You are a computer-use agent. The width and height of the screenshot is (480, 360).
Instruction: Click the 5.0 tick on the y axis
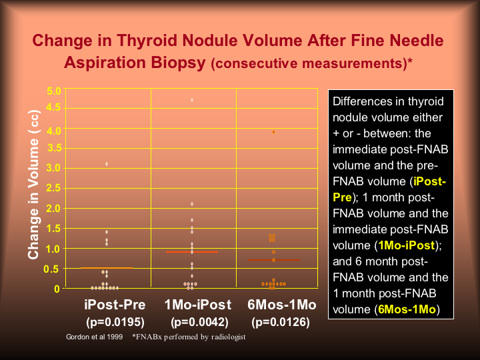(54, 91)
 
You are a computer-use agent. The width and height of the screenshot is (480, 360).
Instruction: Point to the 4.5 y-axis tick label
(54, 107)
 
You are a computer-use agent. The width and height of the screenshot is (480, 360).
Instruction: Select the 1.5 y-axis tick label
(54, 228)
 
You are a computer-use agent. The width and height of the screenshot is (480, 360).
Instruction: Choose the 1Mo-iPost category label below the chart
(197, 305)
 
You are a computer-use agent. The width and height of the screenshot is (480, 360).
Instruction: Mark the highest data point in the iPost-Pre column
(107, 163)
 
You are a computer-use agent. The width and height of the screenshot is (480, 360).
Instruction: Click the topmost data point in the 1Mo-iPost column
(192, 100)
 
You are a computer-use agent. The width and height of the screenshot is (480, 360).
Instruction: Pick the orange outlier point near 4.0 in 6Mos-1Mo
(273, 132)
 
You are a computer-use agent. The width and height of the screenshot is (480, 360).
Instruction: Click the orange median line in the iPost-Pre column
(107, 268)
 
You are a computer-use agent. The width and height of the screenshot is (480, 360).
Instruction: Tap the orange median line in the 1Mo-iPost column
(192, 252)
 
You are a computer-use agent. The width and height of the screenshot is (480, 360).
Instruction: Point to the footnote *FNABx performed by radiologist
(189, 337)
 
